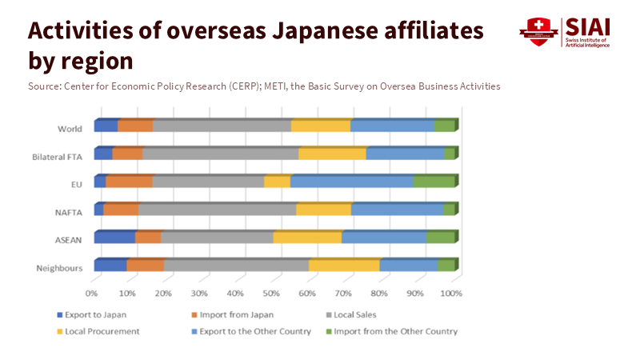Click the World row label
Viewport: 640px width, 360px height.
click(69, 129)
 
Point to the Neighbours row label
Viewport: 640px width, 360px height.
click(60, 267)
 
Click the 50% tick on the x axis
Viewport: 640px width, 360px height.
click(271, 293)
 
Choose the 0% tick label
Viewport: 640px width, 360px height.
click(93, 293)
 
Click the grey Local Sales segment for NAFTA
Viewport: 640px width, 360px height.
click(217, 210)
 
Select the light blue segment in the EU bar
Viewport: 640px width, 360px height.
click(352, 182)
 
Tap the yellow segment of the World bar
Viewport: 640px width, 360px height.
click(321, 126)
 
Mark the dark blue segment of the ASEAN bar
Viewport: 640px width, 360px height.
click(114, 237)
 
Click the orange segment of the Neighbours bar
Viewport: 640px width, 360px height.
click(145, 265)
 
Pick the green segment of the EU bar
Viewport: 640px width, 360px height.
click(434, 182)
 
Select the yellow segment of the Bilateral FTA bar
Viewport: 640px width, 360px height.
click(332, 154)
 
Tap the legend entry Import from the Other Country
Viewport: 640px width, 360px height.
click(395, 331)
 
